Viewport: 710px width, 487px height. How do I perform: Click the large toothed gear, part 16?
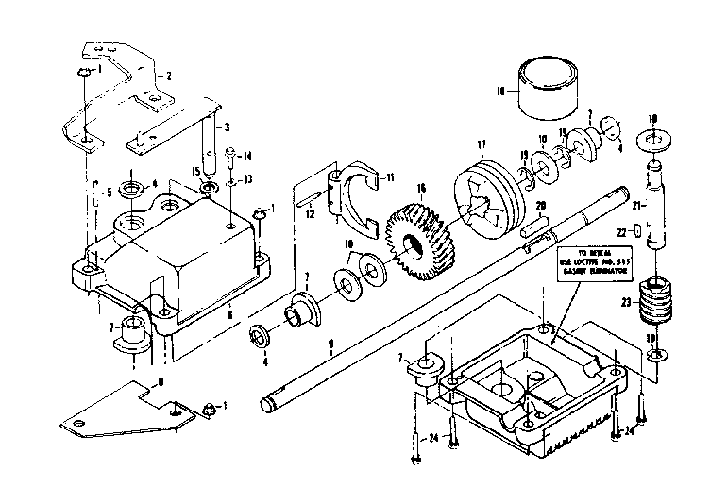coord(422,244)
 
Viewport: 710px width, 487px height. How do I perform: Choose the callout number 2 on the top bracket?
coord(168,76)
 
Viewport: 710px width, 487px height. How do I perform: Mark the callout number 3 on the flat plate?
coord(228,126)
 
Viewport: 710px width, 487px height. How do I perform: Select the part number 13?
coord(247,179)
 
